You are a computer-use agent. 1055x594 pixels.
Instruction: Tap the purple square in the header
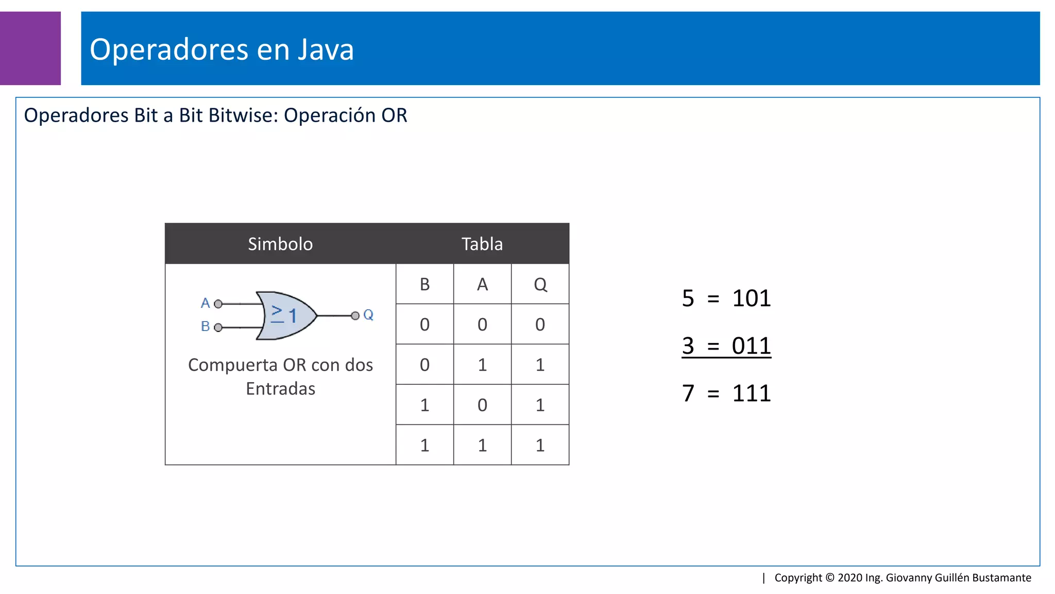coord(30,48)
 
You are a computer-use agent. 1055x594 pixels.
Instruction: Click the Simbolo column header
coord(280,244)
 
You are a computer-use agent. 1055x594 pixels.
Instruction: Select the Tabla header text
coord(482,244)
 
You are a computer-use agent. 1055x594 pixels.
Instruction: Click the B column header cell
coord(424,284)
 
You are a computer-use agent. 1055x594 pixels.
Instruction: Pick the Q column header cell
coord(540,284)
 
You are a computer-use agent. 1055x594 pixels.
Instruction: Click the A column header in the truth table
coord(482,284)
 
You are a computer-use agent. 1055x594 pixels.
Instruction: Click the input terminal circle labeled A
coord(218,304)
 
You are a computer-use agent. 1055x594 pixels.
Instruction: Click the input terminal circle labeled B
coord(218,327)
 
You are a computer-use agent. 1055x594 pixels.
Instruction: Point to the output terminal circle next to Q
coord(355,316)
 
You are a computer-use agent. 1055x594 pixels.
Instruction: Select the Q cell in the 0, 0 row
coord(540,324)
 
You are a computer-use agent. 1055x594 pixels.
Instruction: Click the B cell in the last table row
coord(424,445)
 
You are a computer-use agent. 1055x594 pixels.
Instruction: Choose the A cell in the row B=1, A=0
coord(482,405)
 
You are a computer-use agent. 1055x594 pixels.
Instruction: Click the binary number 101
coord(751,299)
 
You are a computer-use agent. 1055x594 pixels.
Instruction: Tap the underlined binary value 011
coord(751,346)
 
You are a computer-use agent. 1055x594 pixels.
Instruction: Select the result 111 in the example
coord(751,393)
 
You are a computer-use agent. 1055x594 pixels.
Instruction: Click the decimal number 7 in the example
coord(688,393)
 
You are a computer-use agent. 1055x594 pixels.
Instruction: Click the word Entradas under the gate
coord(280,389)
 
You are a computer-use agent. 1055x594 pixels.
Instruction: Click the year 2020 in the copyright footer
coord(849,577)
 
